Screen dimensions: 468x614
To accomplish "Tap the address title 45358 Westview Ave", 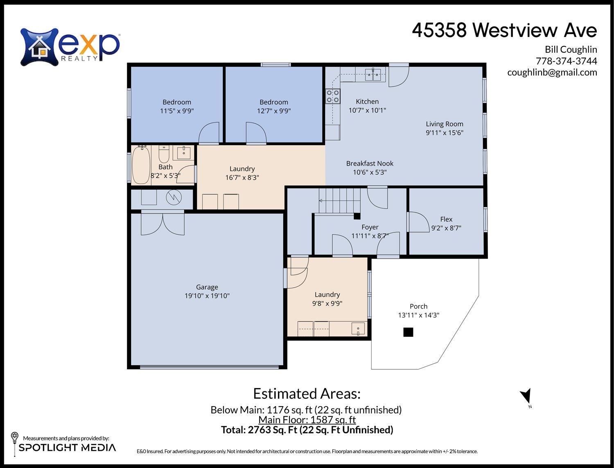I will click(x=504, y=30).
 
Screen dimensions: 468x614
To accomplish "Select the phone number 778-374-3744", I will click(x=566, y=61).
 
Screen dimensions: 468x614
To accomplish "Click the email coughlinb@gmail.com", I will click(x=552, y=73).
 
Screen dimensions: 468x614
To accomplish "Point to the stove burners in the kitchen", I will click(x=332, y=96).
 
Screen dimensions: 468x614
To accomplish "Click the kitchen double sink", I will click(x=373, y=74).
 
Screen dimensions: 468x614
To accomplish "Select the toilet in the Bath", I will click(x=164, y=154).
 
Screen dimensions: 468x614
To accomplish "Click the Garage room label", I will click(x=207, y=287).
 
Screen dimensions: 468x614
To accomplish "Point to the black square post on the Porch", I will click(x=408, y=332).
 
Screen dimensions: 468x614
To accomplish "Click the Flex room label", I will click(x=446, y=219).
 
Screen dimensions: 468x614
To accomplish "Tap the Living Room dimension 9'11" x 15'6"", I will click(x=445, y=133).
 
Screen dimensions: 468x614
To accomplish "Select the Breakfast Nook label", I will click(x=370, y=164).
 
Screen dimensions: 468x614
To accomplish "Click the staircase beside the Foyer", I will click(x=339, y=200).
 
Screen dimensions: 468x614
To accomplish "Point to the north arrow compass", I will click(x=526, y=397).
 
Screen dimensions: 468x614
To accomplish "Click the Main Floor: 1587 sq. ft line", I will click(x=307, y=420).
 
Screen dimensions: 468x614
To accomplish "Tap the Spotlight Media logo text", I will click(x=67, y=448).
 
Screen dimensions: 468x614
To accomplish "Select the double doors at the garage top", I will click(x=163, y=223).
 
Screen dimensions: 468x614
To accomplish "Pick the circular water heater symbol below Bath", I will click(x=174, y=198).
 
